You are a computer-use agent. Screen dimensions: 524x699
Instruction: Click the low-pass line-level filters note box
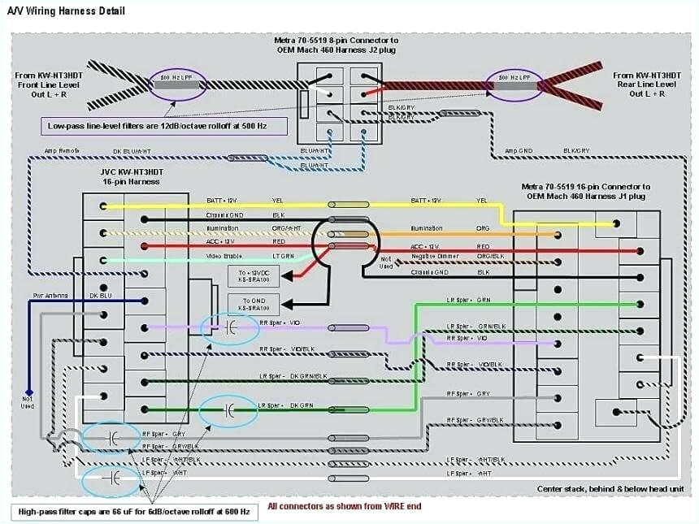pos(166,126)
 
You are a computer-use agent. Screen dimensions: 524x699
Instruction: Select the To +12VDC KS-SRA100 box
pos(254,275)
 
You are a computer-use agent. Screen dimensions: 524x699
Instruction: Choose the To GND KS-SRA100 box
pos(254,305)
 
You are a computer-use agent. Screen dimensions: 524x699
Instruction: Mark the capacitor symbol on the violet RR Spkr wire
pos(228,328)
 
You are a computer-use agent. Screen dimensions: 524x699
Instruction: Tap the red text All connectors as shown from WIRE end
pos(345,506)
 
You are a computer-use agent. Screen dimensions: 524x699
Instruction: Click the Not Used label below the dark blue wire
pos(28,401)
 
